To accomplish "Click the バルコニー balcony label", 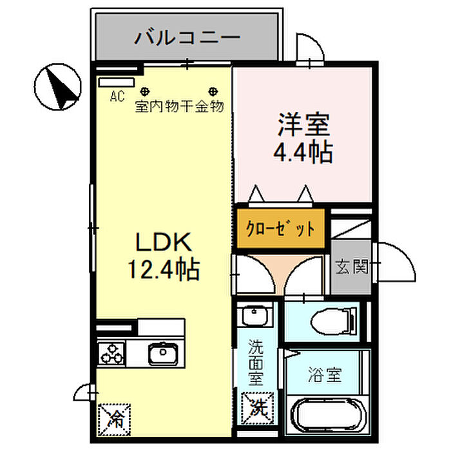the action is coord(187,37).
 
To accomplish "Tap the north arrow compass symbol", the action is coord(57,86).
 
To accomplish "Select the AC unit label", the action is coord(117,96).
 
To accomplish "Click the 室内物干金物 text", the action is coord(179,106).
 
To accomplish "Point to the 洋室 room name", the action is coord(303,124).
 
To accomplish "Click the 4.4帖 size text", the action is coord(303,152).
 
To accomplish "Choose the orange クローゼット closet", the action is coord(280,228).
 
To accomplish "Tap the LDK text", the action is coord(164,242).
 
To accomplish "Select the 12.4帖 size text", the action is coord(164,270).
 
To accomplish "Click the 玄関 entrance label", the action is coord(352,266).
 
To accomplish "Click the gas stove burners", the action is coord(111,354).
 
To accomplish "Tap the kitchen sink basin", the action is coord(163,352).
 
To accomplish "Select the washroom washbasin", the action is coord(255,316).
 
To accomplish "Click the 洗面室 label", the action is coord(256,362).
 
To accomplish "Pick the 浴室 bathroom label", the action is coord(325,374).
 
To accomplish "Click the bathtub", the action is coord(328,414).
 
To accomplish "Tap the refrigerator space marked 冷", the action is coord(114,419).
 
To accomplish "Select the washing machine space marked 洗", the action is coord(257,408).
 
